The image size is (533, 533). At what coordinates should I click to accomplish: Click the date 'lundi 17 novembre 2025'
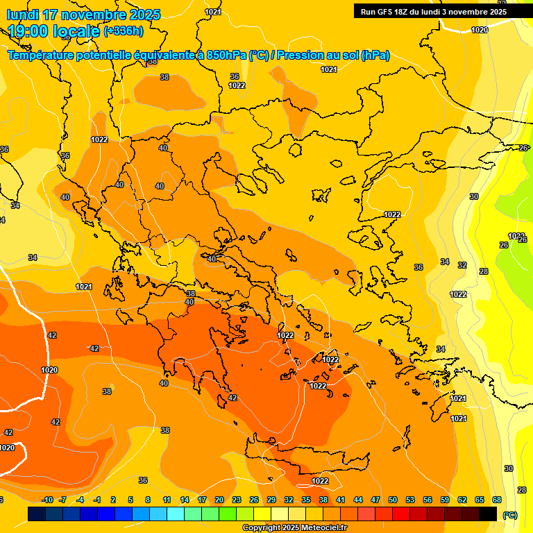click(83, 15)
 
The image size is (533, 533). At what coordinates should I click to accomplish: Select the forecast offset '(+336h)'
click(124, 31)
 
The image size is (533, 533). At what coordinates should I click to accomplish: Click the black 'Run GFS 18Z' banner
click(433, 11)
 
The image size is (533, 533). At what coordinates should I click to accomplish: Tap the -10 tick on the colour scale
click(47, 500)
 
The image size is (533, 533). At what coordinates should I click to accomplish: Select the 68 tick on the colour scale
click(497, 500)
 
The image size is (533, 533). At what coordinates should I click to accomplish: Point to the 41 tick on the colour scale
click(341, 500)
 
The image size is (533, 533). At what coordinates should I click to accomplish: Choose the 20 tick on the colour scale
click(219, 500)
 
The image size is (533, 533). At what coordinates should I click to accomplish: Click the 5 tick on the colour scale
click(130, 500)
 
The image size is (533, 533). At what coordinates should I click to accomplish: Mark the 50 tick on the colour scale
click(393, 500)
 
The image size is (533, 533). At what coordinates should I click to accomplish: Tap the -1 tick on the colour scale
click(97, 500)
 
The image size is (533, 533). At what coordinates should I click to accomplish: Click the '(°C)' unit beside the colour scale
click(510, 515)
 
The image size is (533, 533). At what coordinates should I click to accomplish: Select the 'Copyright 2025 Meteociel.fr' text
click(294, 527)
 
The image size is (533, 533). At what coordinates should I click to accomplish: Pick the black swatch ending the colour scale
click(488, 514)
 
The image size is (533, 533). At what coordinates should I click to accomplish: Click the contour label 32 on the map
click(462, 265)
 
